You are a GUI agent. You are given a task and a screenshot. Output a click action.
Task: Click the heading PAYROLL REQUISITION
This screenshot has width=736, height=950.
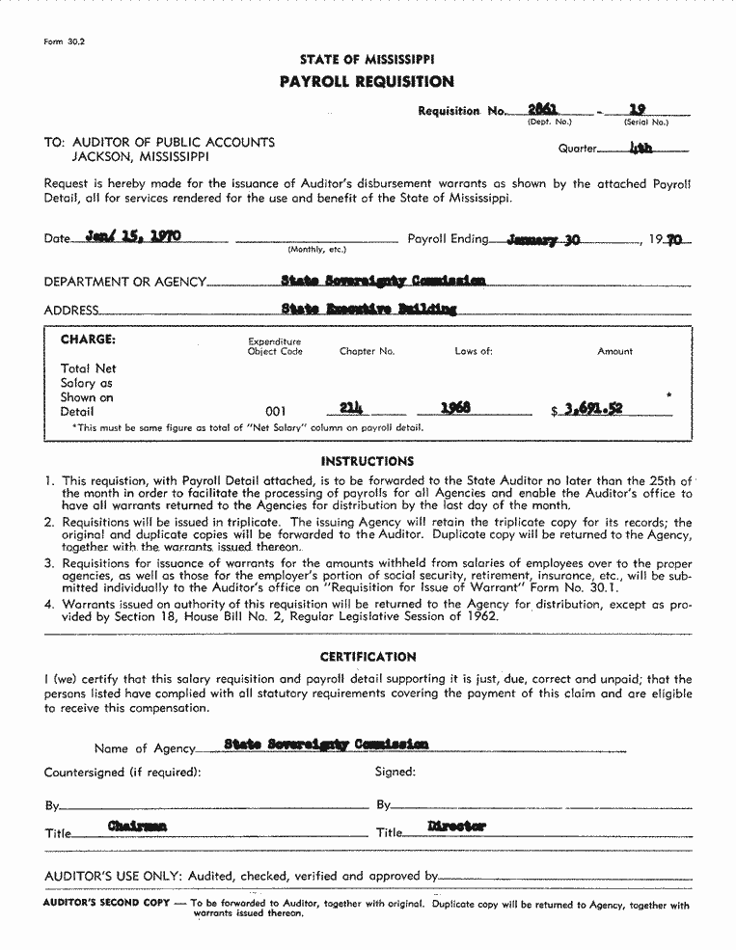(x=367, y=82)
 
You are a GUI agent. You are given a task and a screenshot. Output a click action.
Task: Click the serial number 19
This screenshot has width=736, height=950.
(x=637, y=110)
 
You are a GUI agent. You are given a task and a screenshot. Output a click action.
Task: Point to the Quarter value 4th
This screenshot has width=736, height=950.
(x=641, y=149)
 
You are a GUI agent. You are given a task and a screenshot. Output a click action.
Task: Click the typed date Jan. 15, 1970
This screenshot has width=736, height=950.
(x=133, y=235)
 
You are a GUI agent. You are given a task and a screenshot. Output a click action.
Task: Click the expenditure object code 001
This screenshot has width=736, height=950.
(x=276, y=411)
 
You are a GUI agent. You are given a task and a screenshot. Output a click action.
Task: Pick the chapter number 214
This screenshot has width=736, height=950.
(x=354, y=408)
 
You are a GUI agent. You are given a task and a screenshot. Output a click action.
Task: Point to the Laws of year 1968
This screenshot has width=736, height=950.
(x=455, y=409)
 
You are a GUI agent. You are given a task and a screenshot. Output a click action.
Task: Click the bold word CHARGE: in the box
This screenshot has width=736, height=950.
(x=88, y=339)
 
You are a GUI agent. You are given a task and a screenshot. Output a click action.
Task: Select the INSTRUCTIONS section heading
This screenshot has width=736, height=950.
(x=367, y=461)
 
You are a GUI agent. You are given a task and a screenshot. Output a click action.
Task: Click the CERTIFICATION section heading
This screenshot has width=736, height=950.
(x=368, y=657)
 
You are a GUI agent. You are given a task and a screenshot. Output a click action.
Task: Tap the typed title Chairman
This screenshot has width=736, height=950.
(x=137, y=827)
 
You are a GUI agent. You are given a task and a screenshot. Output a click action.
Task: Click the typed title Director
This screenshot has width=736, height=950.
(x=456, y=827)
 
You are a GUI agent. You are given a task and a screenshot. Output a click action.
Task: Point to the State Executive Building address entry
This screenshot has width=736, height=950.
(x=368, y=309)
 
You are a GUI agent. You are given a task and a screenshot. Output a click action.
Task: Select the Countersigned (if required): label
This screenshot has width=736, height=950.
(x=123, y=772)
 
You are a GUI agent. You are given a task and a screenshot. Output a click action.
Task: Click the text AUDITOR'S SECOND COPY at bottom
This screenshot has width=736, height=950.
(x=106, y=904)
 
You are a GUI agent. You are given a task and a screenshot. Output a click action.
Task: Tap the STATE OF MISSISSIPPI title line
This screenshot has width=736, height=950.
(x=367, y=60)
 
